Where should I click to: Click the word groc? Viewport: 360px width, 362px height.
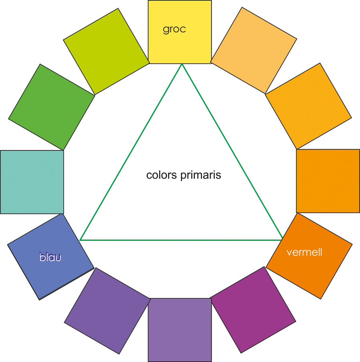tap(174, 29)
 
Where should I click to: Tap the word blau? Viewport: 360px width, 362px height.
tap(50, 257)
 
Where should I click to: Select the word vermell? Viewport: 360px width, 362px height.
tap(304, 252)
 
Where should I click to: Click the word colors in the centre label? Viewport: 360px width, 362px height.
tap(161, 175)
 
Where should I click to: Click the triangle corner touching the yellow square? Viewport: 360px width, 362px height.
tap(182, 64)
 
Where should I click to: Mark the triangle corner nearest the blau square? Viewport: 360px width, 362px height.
tap(81, 240)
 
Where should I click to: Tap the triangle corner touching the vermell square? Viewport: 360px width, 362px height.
tap(282, 240)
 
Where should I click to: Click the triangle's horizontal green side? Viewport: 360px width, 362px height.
tap(182, 240)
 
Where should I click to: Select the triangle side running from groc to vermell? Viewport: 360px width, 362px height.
tap(232, 152)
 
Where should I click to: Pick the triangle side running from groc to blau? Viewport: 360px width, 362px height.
tap(131, 152)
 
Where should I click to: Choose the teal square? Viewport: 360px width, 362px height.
tap(32, 182)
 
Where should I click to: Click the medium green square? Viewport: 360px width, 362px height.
tap(52, 107)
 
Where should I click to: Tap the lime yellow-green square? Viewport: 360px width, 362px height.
tap(106, 51)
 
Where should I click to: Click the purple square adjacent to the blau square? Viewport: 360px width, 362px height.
tap(107, 311)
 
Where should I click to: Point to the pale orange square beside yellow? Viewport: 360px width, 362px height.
tap(254, 50)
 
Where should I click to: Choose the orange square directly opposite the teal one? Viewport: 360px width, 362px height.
tap(328, 181)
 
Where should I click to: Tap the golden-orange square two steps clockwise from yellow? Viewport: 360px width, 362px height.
tap(308, 106)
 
